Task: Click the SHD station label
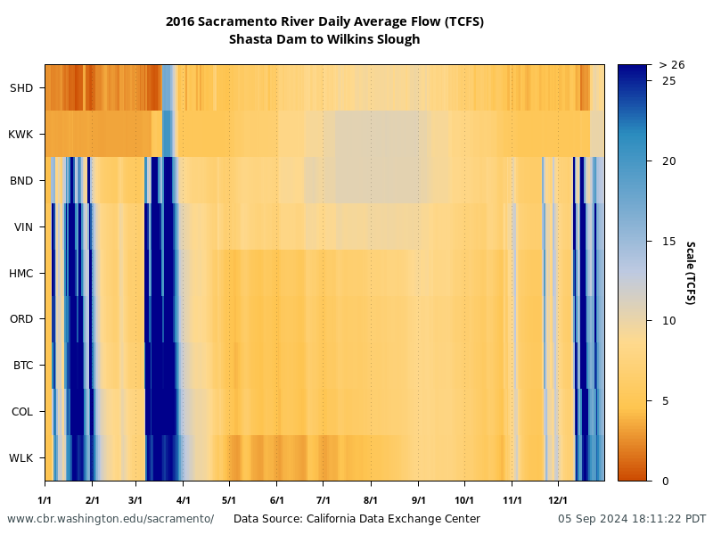20,88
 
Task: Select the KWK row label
20,135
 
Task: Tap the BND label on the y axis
20,181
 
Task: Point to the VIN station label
23,227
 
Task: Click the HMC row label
20,274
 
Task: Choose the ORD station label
20,319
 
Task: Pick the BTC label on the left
21,366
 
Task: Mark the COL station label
21,412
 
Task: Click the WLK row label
20,458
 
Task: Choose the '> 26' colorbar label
671,65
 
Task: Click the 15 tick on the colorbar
668,241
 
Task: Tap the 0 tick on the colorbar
666,481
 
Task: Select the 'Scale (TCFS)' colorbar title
690,273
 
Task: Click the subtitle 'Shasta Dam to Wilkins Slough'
324,39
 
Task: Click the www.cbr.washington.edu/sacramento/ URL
111,519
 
